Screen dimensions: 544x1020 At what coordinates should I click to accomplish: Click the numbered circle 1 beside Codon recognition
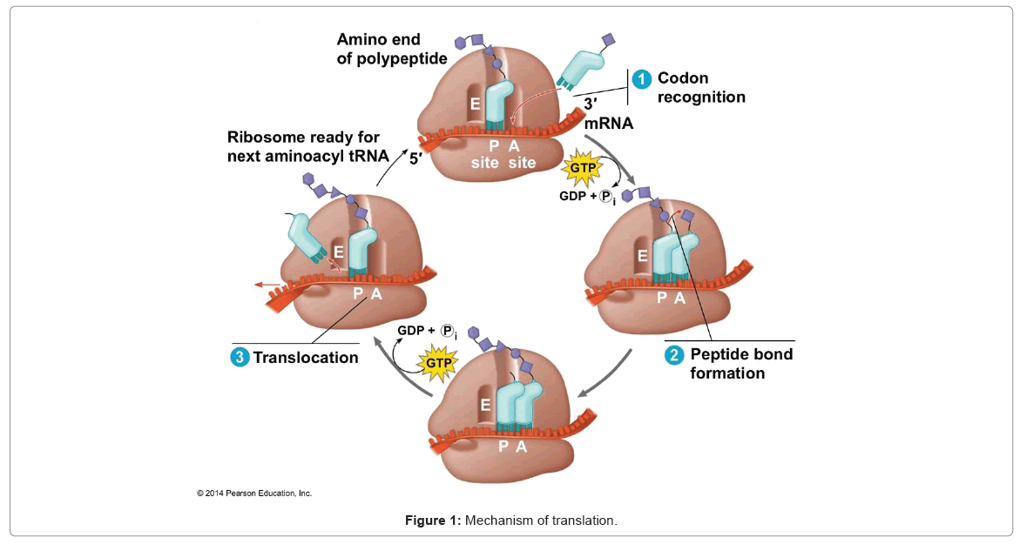642,79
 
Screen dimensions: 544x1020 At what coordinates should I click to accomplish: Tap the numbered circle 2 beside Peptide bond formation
674,355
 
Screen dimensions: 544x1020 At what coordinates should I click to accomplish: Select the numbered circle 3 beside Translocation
240,357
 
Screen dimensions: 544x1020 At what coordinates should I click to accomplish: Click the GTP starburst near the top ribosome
582,167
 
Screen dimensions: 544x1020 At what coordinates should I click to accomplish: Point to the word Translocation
306,357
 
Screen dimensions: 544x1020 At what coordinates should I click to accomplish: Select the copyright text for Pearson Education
254,494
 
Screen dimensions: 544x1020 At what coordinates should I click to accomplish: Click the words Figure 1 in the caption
432,520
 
